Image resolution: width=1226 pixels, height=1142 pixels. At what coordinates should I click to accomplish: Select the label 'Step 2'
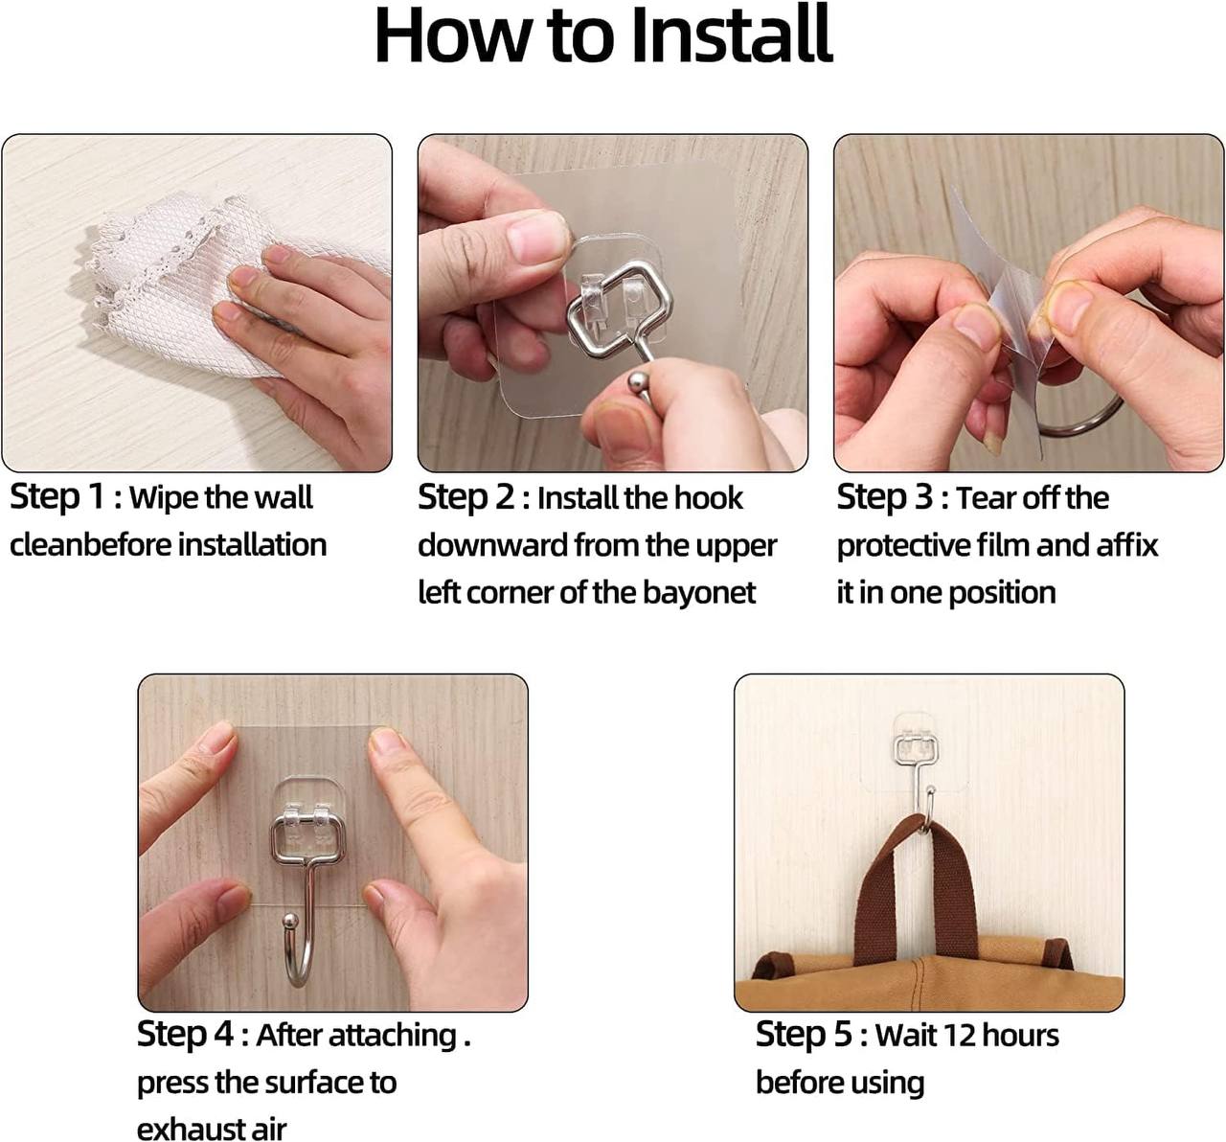tap(465, 498)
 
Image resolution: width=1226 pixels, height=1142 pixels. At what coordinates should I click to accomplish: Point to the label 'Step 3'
tap(884, 498)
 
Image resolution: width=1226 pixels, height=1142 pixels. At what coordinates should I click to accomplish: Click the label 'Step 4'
tap(185, 1035)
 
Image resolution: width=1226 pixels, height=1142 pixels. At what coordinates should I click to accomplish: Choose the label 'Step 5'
tap(804, 1035)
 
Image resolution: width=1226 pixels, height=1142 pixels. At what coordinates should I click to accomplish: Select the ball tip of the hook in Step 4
tap(289, 921)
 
